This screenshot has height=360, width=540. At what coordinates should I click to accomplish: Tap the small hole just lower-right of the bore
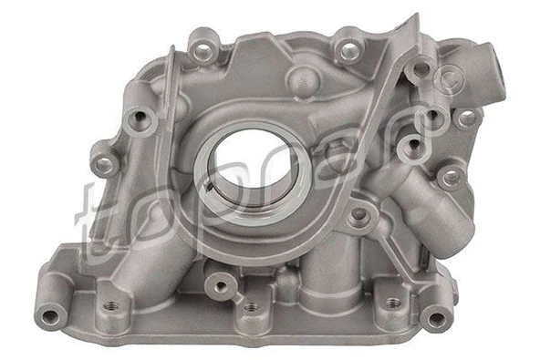coord(358,215)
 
